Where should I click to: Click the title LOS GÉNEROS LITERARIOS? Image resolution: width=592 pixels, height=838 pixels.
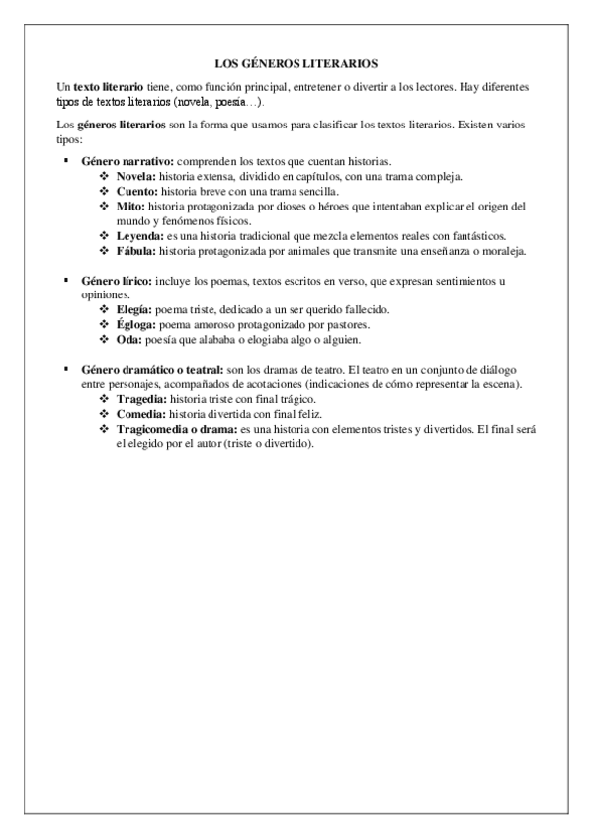296,61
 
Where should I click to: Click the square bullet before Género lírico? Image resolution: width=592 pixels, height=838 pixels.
65,280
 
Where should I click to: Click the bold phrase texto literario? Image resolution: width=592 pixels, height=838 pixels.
108,87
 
